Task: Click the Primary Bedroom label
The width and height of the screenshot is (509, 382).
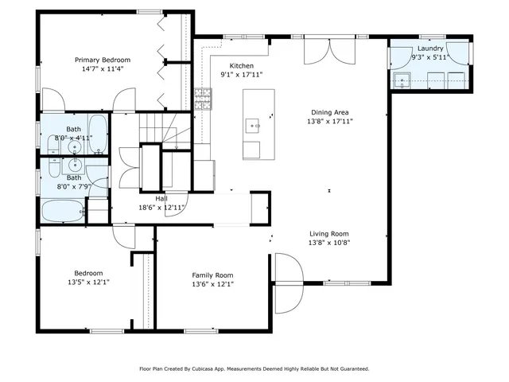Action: (103, 60)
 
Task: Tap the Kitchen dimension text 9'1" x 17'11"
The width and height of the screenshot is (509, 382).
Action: (241, 75)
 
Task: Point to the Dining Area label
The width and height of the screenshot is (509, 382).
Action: (329, 112)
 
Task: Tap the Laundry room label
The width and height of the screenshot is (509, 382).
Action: (429, 48)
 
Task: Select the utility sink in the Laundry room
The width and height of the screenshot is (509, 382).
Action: (403, 79)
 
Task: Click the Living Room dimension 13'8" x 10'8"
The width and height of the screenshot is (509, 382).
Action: (329, 243)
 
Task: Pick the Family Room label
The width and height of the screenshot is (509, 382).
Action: (212, 275)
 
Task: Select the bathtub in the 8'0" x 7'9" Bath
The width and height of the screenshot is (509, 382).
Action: (62, 212)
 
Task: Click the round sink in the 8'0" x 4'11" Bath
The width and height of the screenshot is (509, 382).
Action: (76, 148)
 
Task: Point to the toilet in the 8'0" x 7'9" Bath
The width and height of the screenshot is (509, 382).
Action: (54, 168)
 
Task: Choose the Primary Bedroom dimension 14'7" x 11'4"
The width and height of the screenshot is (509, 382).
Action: (103, 68)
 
